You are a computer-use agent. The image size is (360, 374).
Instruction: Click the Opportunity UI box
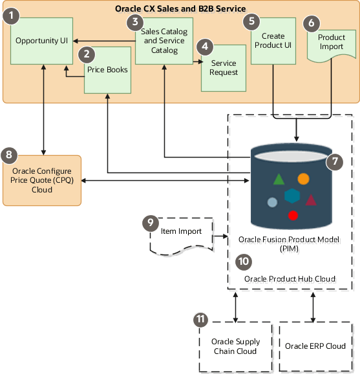tap(42, 40)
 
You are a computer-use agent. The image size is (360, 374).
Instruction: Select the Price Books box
tap(107, 72)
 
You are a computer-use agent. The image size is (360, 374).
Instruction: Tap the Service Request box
tap(224, 68)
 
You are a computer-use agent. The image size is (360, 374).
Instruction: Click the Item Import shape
tap(182, 233)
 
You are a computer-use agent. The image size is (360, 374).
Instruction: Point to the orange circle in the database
tap(303, 178)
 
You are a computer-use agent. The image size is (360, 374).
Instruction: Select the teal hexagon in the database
tap(292, 195)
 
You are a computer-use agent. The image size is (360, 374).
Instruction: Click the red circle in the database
tap(293, 215)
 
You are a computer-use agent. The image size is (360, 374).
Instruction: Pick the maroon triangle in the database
tap(311, 200)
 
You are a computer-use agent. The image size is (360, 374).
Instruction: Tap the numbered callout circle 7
tap(334, 163)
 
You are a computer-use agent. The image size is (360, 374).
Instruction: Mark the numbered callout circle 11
tap(202, 319)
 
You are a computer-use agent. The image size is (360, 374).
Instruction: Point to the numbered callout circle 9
tap(150, 222)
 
